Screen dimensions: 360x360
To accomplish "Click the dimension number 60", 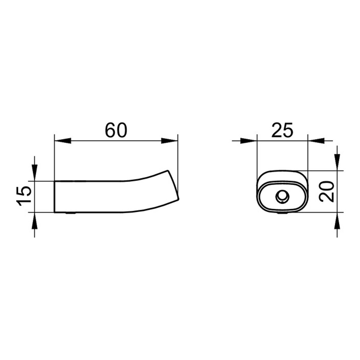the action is [x=116, y=130].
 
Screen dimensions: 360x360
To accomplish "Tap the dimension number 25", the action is [x=282, y=130].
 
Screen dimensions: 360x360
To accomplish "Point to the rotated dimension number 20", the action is [x=327, y=191].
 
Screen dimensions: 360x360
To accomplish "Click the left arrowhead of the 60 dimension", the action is [x=63, y=141].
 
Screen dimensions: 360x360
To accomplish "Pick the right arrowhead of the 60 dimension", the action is [x=169, y=141].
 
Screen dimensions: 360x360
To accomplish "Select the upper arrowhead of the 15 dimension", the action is [x=34, y=173].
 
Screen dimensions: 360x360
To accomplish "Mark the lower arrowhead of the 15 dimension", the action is [x=34, y=221].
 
